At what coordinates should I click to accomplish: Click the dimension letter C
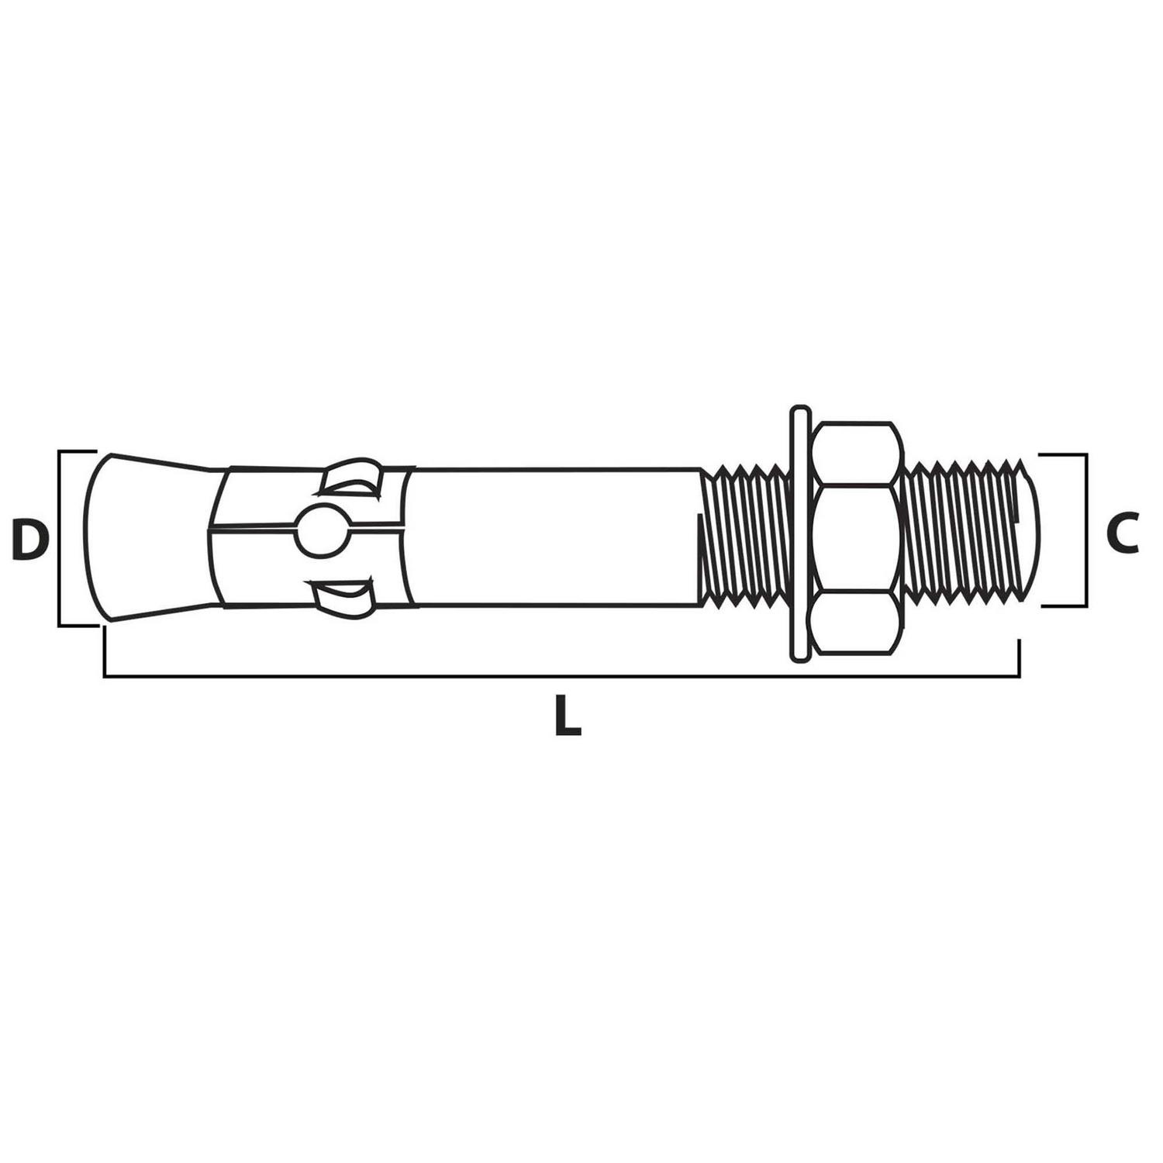1122,533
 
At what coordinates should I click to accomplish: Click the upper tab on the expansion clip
351,476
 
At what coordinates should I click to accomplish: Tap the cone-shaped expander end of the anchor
151,537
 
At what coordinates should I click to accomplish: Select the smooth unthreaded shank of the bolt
554,537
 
